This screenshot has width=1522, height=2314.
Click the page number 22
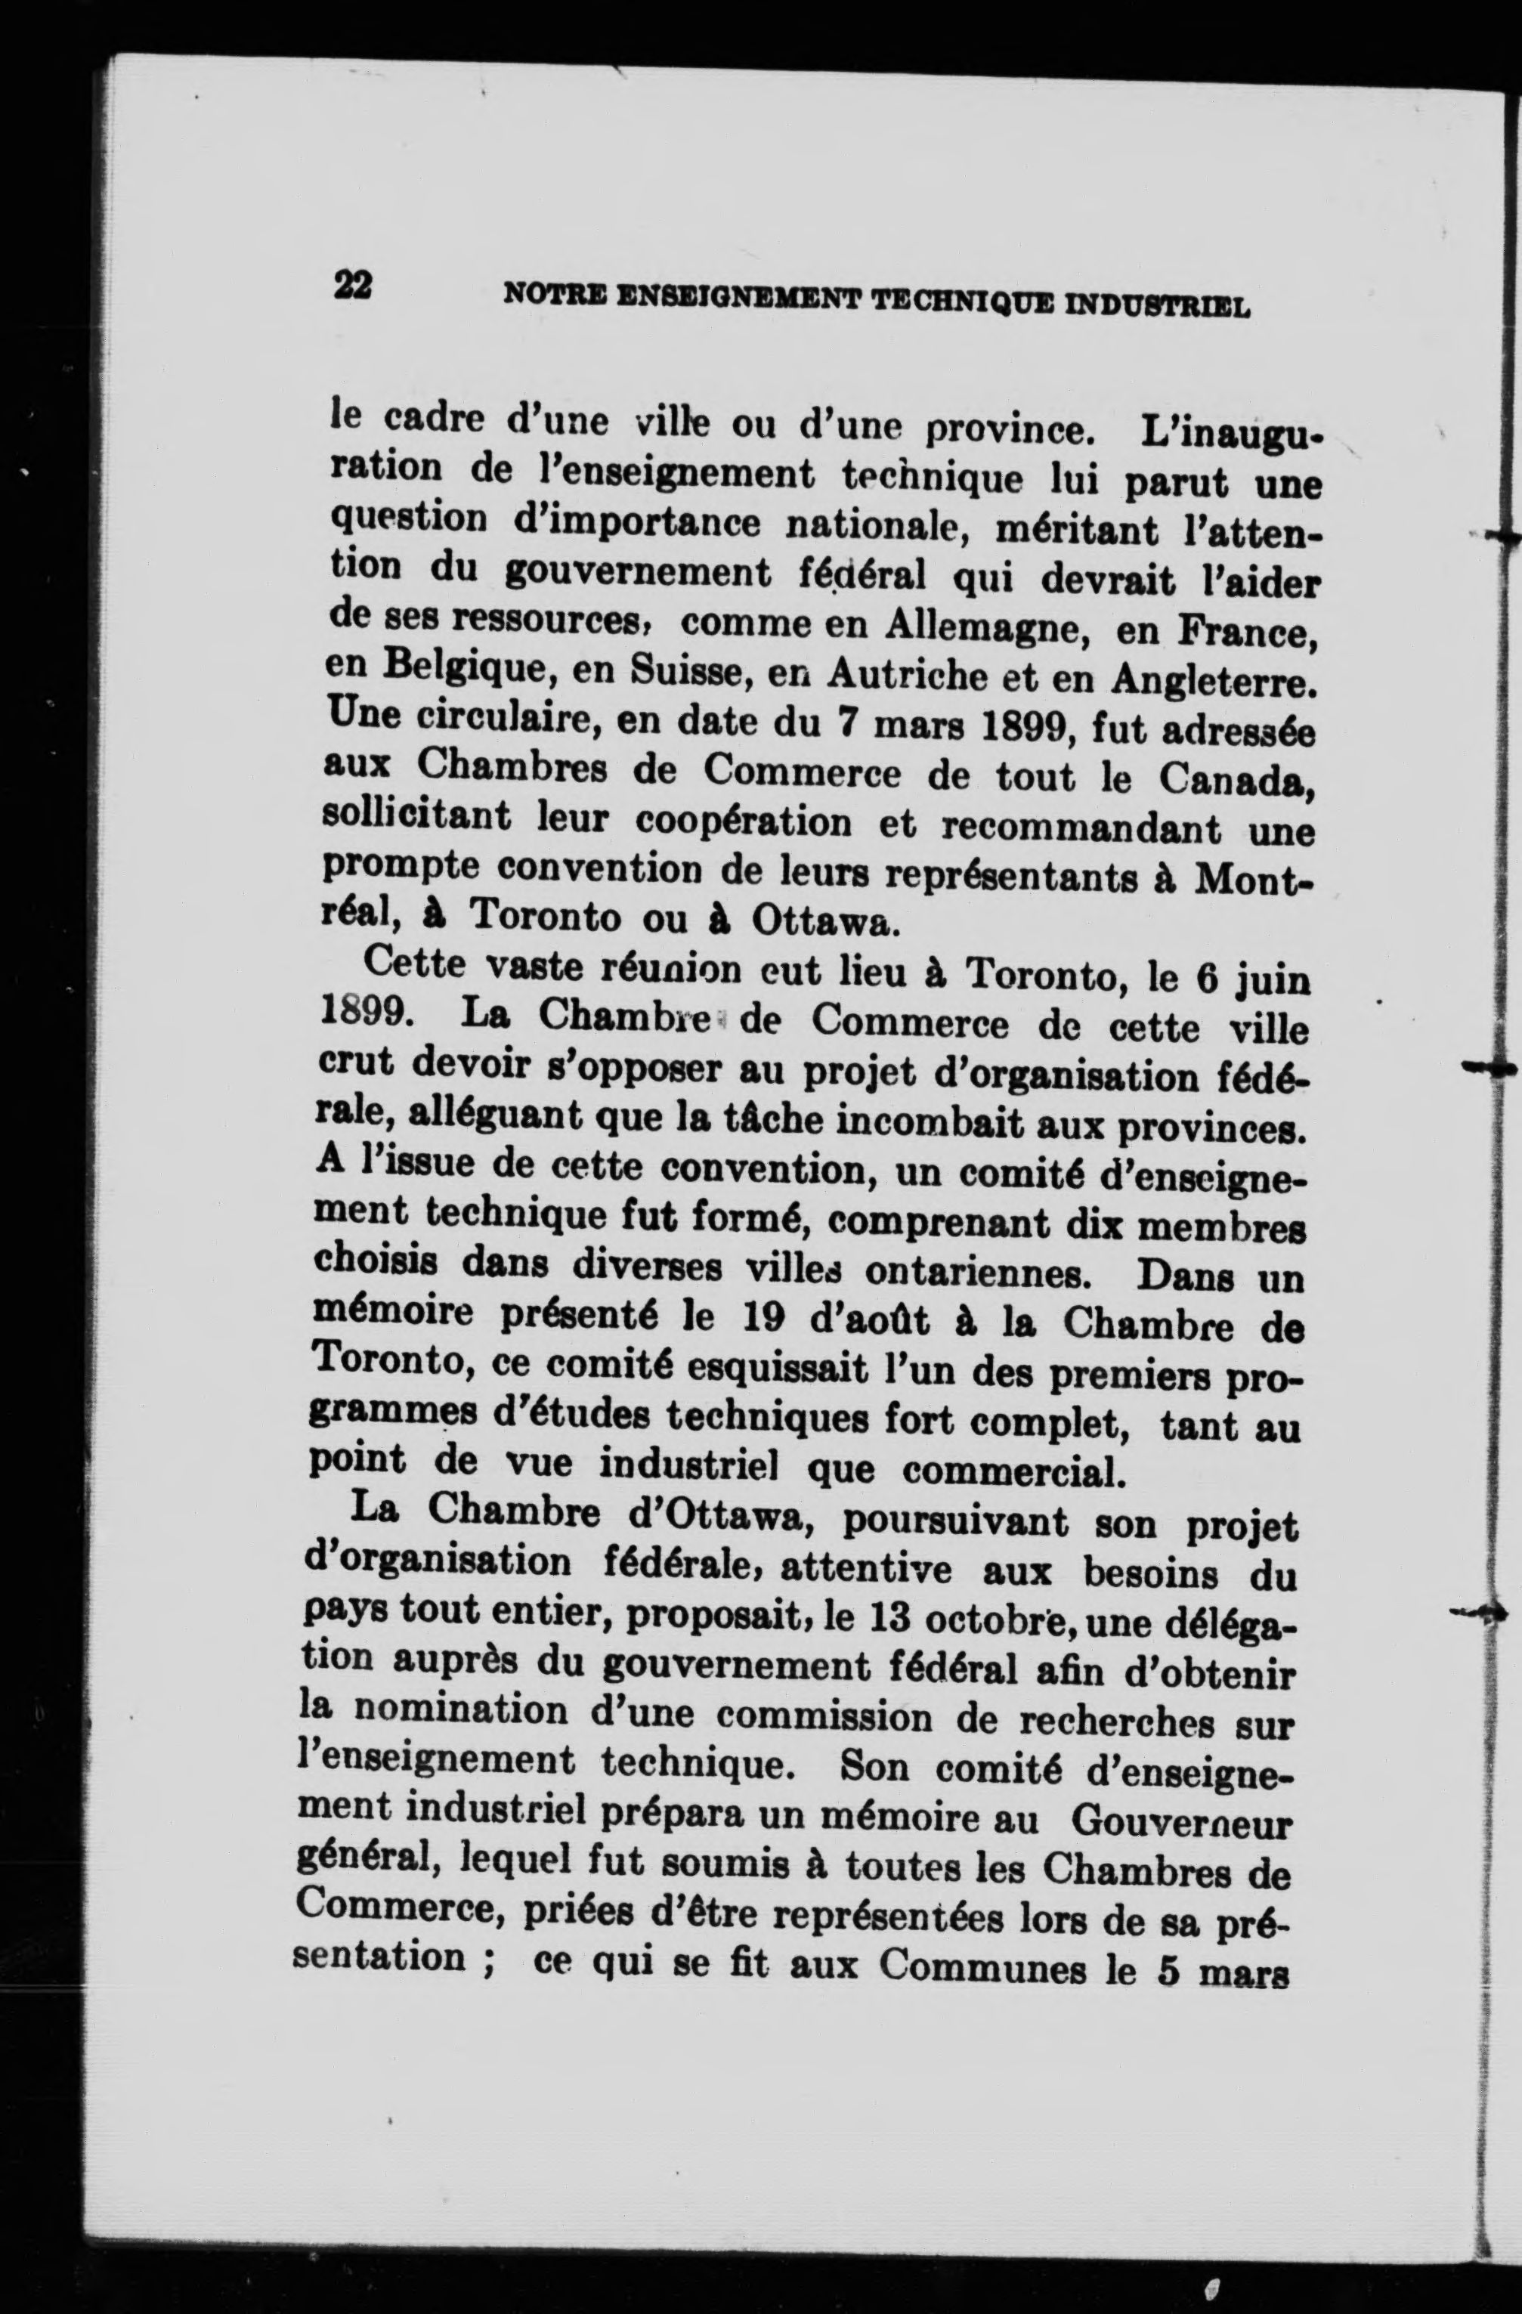tap(352, 286)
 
